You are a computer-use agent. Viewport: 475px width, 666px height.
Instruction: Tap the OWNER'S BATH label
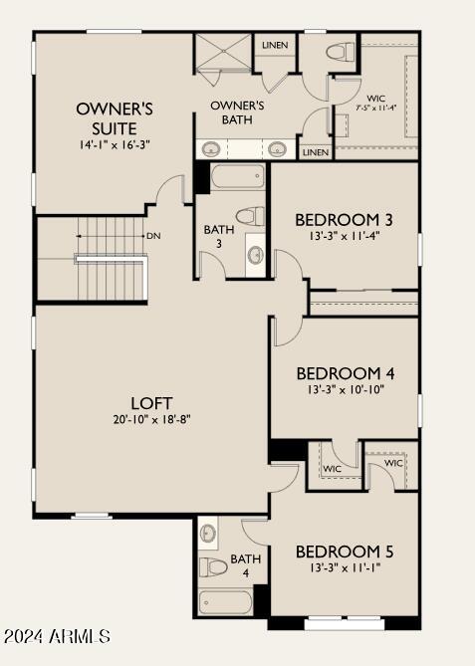coord(236,111)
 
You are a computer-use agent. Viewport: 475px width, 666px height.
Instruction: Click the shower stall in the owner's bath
coord(221,53)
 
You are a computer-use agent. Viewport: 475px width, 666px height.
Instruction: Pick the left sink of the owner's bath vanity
coord(212,149)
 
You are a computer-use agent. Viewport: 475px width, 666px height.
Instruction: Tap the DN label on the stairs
coord(153,236)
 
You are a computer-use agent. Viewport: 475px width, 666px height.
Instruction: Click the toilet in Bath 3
coord(251,215)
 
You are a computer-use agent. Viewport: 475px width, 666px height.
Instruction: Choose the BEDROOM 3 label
coord(345,219)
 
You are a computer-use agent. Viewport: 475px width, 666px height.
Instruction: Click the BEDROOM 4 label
coord(345,373)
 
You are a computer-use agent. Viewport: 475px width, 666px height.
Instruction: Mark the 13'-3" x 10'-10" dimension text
coord(345,390)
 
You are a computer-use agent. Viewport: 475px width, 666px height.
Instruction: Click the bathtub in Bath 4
coord(226,602)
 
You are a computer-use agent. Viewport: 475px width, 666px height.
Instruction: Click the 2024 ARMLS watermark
coord(57,635)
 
